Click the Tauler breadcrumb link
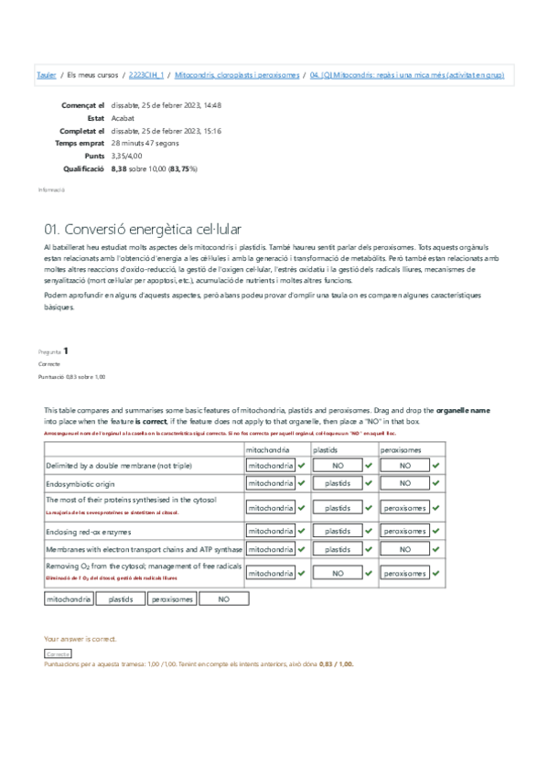45,75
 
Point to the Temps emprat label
80,144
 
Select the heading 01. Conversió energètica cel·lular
143,229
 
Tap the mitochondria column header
268,450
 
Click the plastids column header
326,450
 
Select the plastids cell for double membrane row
338,466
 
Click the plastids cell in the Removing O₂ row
338,573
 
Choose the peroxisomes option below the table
172,599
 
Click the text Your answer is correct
81,639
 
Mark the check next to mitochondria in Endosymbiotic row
301,482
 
